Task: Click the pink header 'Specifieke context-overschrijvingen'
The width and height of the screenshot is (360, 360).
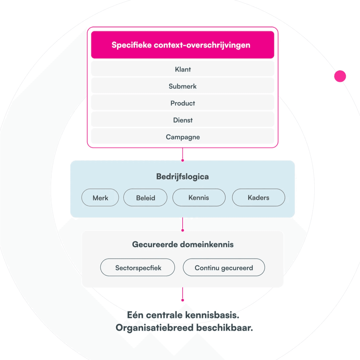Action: (x=182, y=45)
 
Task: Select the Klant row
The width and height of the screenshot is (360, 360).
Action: (x=182, y=69)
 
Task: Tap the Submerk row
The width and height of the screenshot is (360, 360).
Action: (x=182, y=86)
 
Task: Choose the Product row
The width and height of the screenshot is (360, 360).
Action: (x=182, y=103)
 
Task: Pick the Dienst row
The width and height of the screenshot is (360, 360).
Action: (x=182, y=120)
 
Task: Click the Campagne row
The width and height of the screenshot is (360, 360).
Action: (x=182, y=137)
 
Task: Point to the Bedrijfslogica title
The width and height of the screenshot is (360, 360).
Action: (x=182, y=177)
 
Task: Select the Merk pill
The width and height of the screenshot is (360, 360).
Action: (x=100, y=198)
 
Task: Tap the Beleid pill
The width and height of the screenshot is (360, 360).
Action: (x=145, y=198)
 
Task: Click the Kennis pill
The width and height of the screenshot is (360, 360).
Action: (x=199, y=198)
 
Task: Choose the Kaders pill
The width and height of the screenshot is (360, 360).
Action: (x=258, y=198)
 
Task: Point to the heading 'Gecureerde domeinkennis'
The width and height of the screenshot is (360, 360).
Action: (x=183, y=244)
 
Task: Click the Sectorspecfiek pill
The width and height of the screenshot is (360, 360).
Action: (x=138, y=268)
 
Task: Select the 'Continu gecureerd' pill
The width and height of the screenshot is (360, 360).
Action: (x=224, y=268)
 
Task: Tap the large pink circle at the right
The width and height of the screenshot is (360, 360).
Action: (x=340, y=76)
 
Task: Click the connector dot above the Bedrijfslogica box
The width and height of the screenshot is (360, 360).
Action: (x=182, y=160)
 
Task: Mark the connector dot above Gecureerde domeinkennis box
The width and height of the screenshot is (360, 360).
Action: (x=182, y=230)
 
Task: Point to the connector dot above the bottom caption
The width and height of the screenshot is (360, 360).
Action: (x=182, y=300)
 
